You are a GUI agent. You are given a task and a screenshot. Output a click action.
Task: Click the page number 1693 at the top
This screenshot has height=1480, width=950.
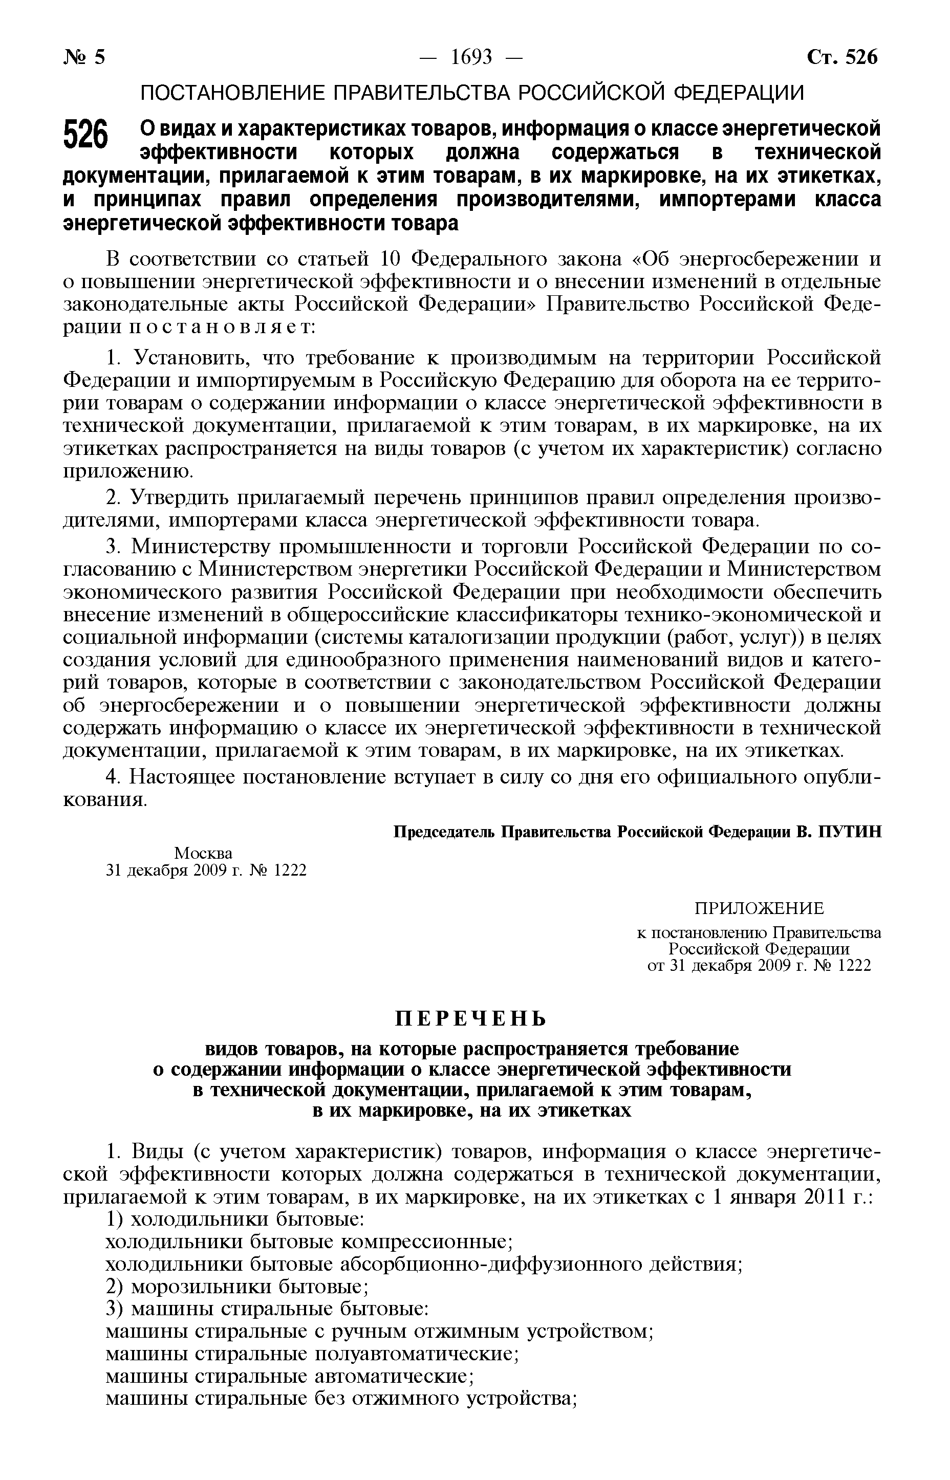pos(471,57)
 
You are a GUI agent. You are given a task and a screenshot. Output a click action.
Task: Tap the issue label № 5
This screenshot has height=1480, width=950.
pos(84,57)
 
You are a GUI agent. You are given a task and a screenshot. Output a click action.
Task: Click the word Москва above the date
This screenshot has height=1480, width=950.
pos(203,854)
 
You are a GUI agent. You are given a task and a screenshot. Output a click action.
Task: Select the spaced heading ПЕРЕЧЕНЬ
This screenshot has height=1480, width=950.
pos(471,1018)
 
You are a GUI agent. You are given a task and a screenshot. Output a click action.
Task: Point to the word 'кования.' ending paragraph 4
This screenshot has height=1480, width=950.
pos(105,800)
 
